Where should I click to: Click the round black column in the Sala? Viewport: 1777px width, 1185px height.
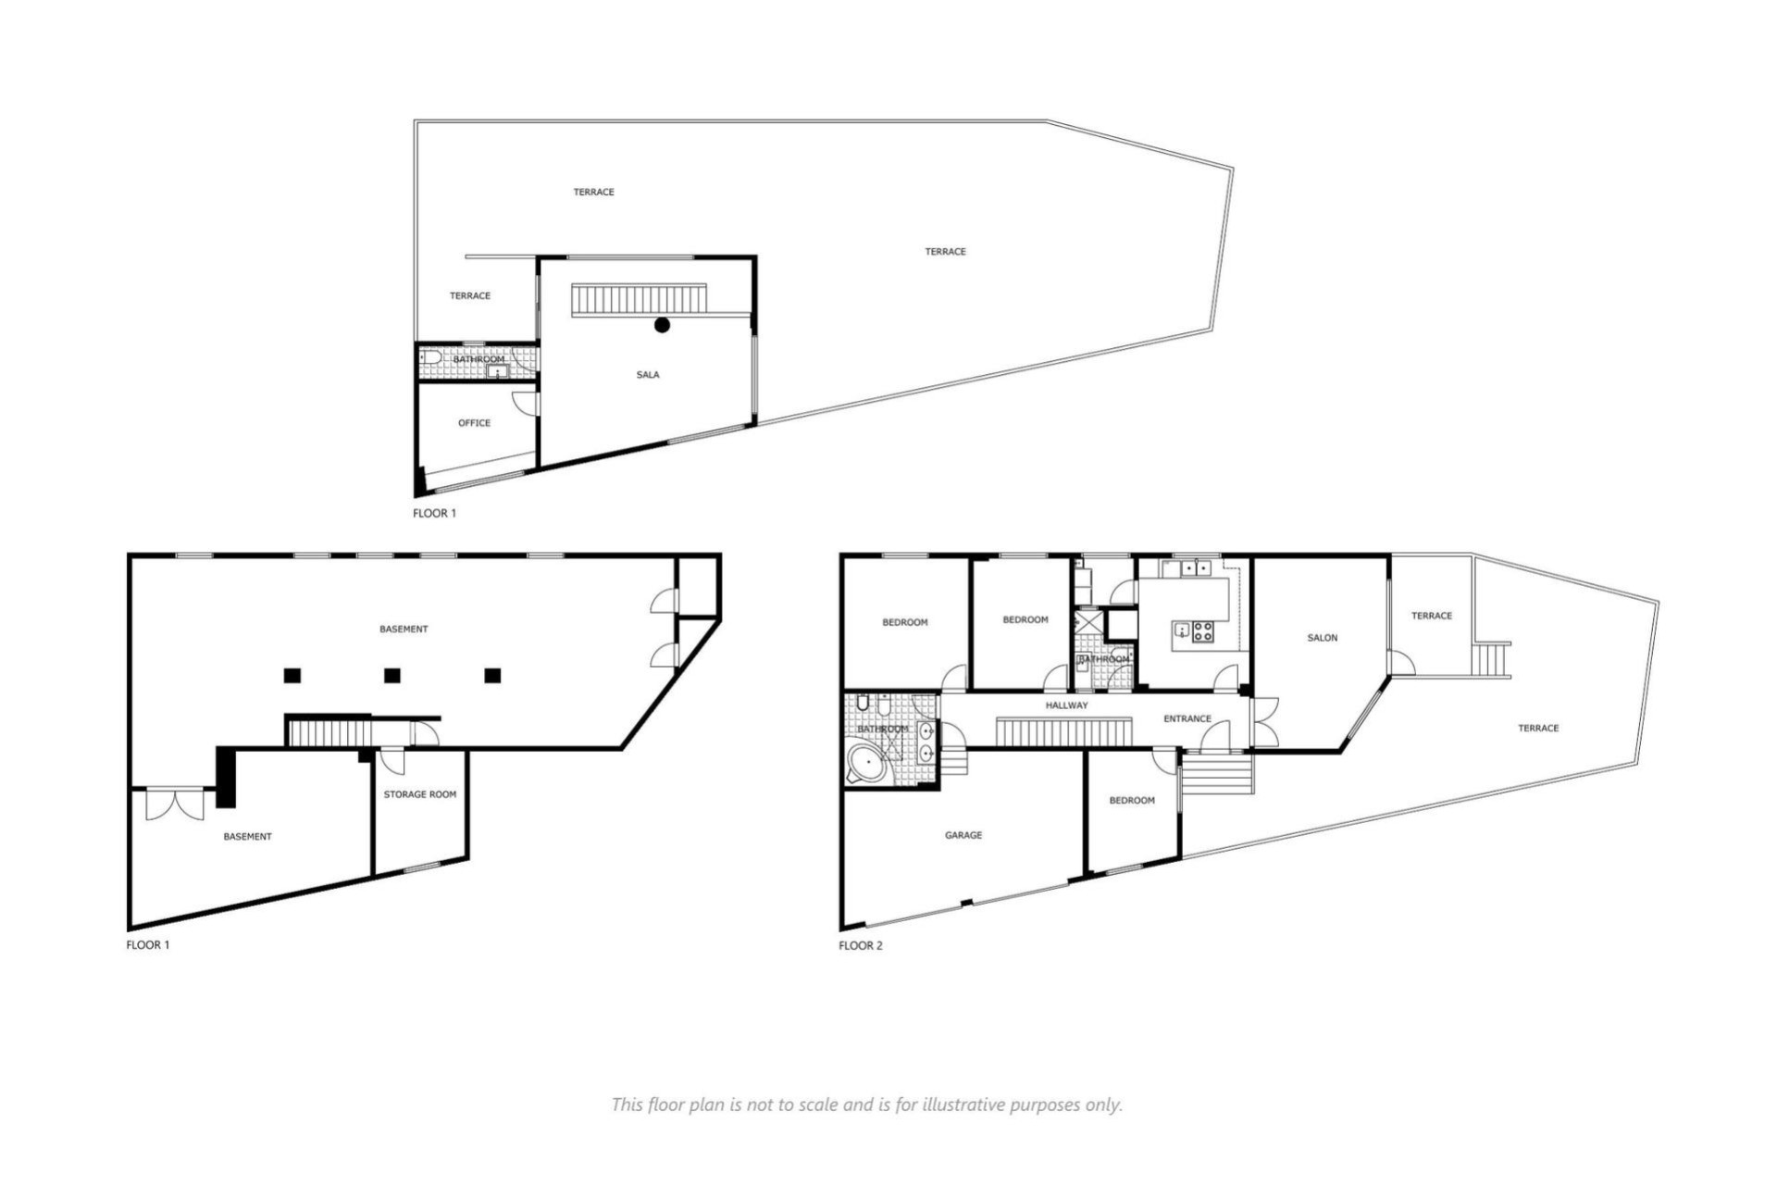coord(662,325)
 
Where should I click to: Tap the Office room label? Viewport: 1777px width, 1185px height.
coord(474,423)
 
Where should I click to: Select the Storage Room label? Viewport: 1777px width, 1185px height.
coord(419,794)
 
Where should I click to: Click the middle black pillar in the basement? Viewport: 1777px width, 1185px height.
coord(392,676)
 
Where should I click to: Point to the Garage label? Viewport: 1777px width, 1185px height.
coord(963,835)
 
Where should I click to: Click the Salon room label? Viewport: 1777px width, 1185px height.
coord(1322,638)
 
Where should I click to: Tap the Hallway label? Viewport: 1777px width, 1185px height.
coord(1066,705)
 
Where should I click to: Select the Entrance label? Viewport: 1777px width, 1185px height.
coord(1187,718)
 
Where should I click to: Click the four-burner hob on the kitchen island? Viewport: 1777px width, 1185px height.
coord(1202,632)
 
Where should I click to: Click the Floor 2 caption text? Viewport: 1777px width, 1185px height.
coord(860,945)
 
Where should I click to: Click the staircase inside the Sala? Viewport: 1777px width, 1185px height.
coord(639,300)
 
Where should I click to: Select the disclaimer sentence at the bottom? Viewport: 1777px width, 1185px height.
coord(866,1104)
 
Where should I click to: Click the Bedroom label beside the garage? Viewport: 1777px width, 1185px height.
coord(1131,800)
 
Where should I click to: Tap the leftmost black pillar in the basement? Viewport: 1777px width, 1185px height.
coord(292,676)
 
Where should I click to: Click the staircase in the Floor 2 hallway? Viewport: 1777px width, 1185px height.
coord(1064,730)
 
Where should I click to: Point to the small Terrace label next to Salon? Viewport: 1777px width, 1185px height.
coord(1431,616)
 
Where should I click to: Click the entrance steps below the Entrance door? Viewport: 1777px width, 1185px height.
coord(1217,774)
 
